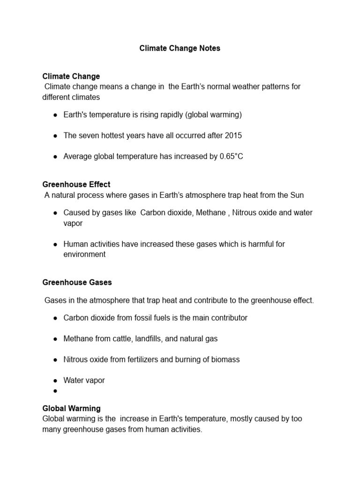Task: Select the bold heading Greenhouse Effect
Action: coord(76,184)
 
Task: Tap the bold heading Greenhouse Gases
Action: coord(77,282)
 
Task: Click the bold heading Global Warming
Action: coord(71,408)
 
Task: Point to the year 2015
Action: coord(233,135)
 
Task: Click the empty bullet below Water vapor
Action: coord(55,391)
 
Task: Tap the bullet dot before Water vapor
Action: coord(55,381)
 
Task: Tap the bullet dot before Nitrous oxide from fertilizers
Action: coord(55,360)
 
